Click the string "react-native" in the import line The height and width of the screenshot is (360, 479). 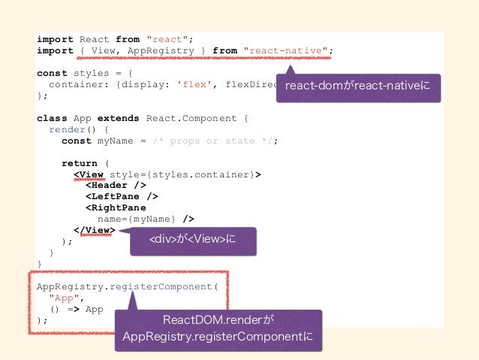[285, 51]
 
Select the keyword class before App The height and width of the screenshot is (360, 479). [52, 119]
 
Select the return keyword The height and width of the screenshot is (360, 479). [79, 163]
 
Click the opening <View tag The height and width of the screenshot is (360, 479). [89, 174]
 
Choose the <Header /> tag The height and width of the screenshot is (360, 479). [115, 186]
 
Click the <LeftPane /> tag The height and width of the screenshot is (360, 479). [121, 197]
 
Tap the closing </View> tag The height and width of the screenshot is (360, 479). [94, 231]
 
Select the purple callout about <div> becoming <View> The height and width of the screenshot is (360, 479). [194, 242]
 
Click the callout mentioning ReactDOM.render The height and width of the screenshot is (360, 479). [218, 330]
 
